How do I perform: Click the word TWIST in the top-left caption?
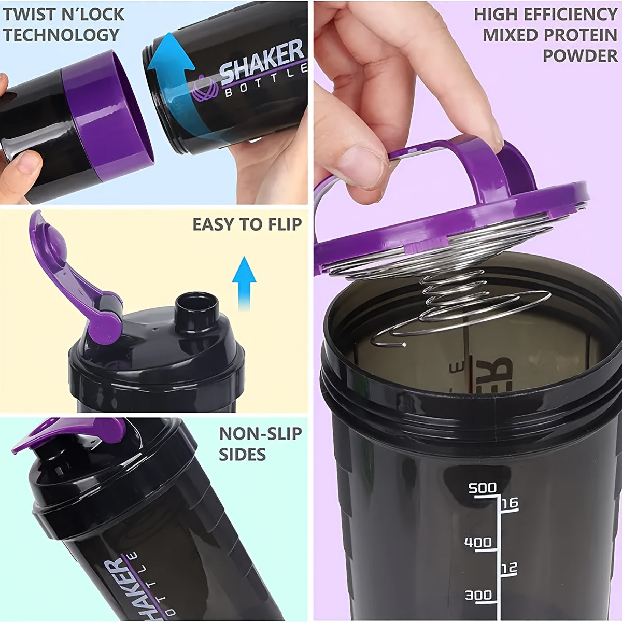(29, 14)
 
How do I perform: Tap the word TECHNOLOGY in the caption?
(62, 35)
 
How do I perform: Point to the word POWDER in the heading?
(580, 55)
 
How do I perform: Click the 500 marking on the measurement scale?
(482, 488)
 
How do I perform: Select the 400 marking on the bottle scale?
(477, 543)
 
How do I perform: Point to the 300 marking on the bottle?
(478, 596)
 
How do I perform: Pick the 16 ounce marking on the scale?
(510, 503)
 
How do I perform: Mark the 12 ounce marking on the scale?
(509, 569)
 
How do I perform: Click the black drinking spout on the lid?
(195, 309)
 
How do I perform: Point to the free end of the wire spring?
(403, 344)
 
